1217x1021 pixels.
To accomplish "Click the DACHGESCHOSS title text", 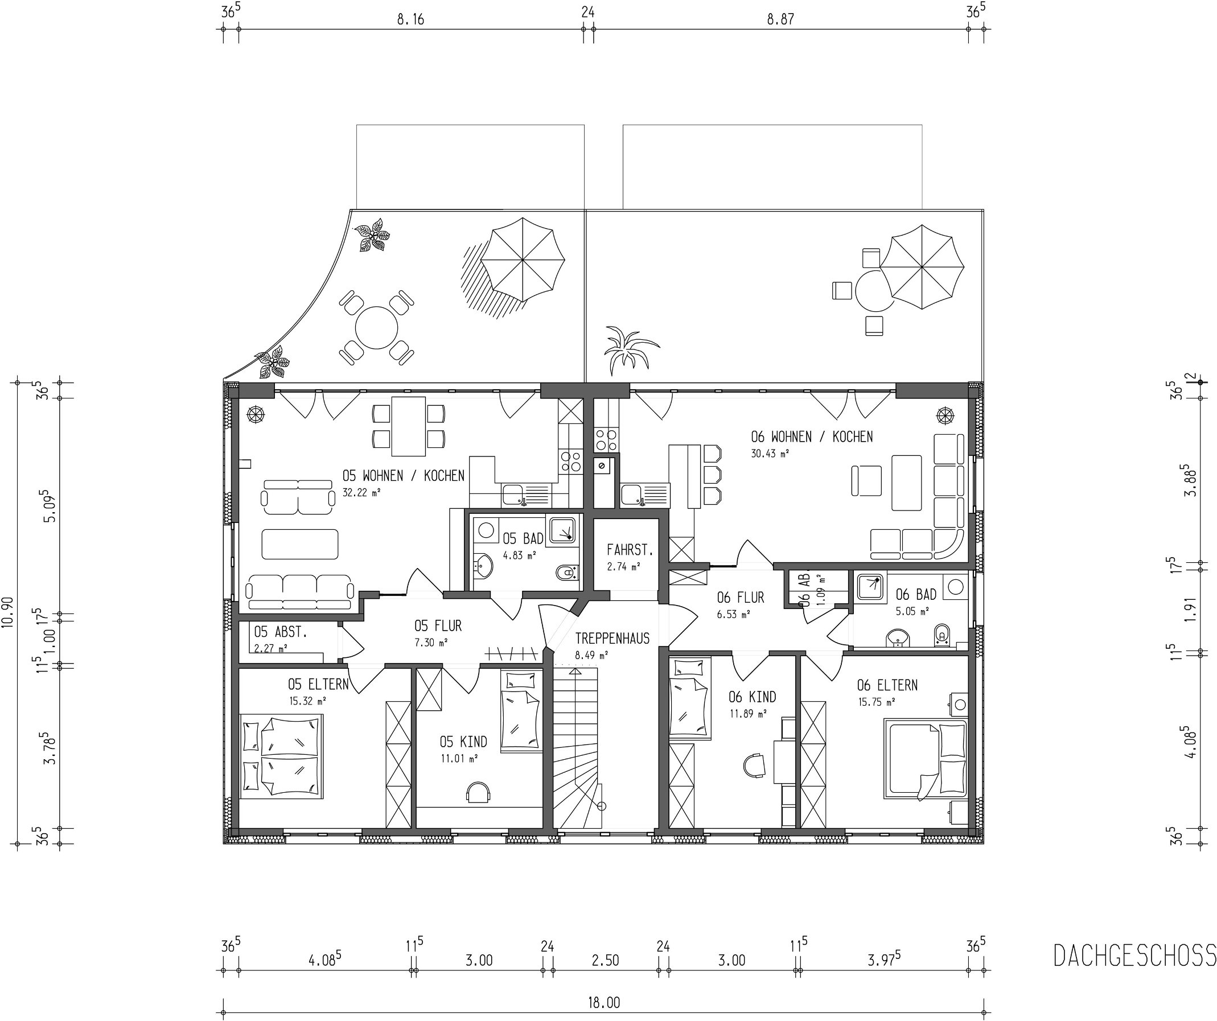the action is pos(1134,956).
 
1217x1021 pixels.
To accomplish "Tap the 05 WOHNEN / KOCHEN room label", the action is pos(404,476).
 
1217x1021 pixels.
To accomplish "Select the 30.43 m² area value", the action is pos(770,454).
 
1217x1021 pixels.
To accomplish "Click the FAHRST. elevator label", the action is pos(630,549).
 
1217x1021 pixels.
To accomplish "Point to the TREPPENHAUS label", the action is pos(612,639).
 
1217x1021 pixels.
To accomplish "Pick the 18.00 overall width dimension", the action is pos(604,1002).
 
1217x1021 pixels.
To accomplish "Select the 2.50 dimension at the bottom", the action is pos(605,960).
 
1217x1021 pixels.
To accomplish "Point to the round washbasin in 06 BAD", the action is pos(898,638).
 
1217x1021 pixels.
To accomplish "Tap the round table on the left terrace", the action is pos(376,328).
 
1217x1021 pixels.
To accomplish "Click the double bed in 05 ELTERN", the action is pos(282,757).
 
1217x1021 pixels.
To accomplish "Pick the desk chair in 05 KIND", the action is pos(479,792).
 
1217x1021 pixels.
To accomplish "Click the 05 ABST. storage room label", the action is pos(281,632).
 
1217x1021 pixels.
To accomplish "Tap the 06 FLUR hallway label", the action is pos(741,597).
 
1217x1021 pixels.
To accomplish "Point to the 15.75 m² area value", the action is pos(876,702).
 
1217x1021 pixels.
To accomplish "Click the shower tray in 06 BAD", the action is pos(869,587).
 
